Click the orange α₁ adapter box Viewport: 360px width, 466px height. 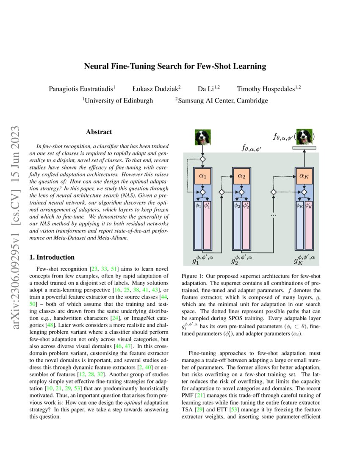[202, 176]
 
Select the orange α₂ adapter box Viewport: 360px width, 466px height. [241, 176]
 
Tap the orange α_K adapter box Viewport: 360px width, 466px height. [304, 176]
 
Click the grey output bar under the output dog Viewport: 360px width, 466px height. [304, 148]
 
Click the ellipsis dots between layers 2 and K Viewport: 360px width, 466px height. [273, 216]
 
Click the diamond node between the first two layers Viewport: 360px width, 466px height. [222, 192]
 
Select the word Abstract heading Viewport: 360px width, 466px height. [99, 132]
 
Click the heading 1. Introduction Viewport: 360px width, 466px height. [52, 257]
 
